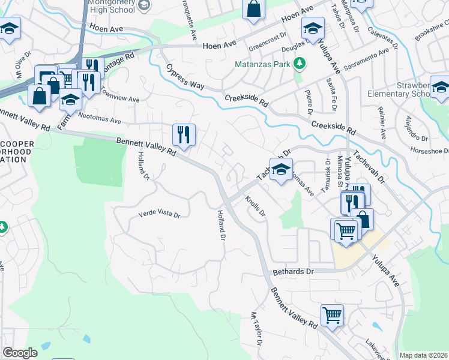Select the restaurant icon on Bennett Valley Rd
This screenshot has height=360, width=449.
[184, 135]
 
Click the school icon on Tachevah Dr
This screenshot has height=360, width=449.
[280, 170]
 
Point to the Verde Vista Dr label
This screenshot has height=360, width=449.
[160, 213]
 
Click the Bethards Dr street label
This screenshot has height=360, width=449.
[293, 272]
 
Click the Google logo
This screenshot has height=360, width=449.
[20, 353]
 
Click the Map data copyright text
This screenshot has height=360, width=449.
[424, 355]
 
